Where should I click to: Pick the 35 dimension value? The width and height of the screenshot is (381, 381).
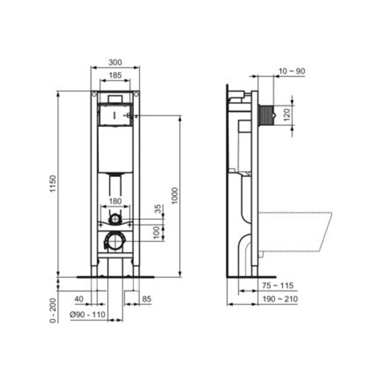click(157, 209)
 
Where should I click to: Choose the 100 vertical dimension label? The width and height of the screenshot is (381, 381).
click(157, 232)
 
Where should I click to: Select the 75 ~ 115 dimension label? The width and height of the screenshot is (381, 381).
click(277, 286)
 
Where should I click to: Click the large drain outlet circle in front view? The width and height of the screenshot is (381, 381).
click(115, 241)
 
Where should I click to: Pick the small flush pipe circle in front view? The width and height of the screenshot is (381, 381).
click(114, 218)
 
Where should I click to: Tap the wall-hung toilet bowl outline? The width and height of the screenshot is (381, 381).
click(295, 232)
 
